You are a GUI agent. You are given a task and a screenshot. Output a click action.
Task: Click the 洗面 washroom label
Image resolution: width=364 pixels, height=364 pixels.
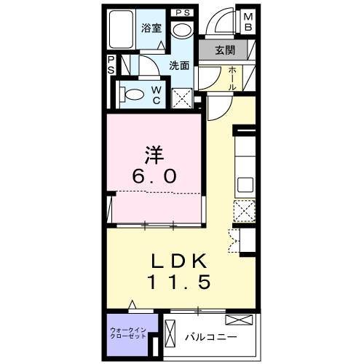181,65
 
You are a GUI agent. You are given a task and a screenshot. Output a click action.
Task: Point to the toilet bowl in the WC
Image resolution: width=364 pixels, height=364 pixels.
132,93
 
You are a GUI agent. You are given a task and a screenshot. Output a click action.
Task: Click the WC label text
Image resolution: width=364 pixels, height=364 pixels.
157,95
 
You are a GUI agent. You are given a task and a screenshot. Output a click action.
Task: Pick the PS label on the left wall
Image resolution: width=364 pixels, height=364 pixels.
111,66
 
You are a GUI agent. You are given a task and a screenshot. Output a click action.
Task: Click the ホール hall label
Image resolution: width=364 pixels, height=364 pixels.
232,77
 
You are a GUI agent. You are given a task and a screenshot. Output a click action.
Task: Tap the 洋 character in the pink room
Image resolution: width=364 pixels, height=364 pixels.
152,155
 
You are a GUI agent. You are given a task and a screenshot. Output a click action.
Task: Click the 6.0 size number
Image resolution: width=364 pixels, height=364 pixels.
154,177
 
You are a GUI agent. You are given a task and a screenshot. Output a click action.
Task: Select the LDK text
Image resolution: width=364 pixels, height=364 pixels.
181,261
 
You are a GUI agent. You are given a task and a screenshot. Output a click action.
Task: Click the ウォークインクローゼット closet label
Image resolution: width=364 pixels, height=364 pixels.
130,335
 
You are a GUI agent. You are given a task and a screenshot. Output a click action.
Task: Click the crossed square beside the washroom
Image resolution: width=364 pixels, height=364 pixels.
183,98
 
